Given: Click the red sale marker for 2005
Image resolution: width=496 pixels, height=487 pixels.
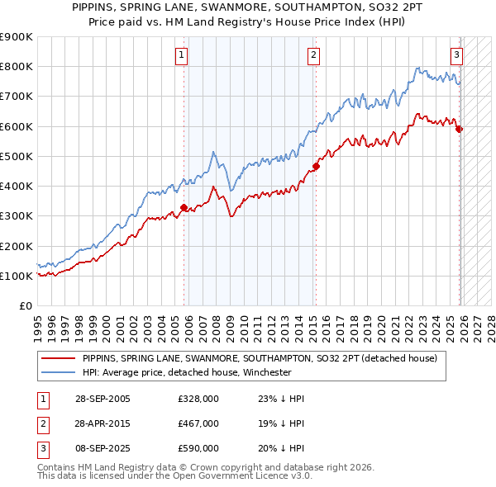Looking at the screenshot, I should coord(184,208).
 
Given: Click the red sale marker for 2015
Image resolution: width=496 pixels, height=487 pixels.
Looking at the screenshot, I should coord(316,166).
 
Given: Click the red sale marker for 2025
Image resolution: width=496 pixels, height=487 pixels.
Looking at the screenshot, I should coord(459,129).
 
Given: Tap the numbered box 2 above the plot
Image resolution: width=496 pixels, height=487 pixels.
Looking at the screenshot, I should coord(314,55).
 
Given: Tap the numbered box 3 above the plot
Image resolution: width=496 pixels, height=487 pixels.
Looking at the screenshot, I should coord(456,55).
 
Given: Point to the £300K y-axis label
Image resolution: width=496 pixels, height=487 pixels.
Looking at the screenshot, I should coord(17,216).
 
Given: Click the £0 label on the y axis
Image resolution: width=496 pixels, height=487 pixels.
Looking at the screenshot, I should coord(25,306).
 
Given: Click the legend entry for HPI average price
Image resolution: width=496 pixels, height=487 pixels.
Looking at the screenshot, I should coord(187,372).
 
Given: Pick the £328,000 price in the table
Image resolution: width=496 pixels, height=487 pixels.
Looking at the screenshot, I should coord(198,399).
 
